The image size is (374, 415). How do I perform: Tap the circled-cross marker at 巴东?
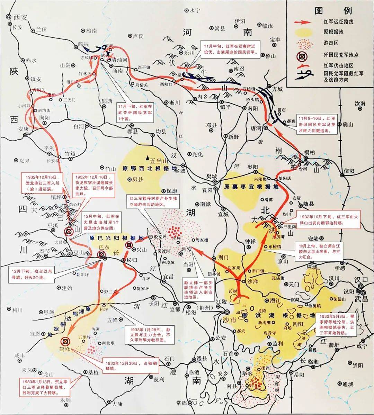tap(101, 255)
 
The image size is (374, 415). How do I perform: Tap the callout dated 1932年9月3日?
tap(337, 324)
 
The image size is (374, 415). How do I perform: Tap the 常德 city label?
tap(181, 403)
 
